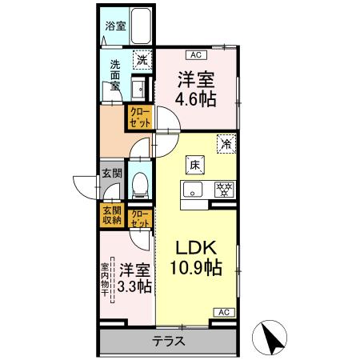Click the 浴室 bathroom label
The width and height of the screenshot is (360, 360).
(x=114, y=26)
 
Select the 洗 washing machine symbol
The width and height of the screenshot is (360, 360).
(x=141, y=58)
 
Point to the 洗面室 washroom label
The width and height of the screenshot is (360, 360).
(x=115, y=74)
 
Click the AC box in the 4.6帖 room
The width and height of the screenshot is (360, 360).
(x=194, y=55)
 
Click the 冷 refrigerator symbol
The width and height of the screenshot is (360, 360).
(x=226, y=145)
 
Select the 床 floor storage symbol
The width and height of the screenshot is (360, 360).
(x=194, y=165)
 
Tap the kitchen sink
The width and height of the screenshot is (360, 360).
(x=193, y=190)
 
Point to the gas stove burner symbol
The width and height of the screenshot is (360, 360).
(x=226, y=190)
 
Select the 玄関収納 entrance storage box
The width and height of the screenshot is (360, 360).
(x=111, y=215)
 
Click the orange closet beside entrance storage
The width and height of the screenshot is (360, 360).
(x=138, y=218)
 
